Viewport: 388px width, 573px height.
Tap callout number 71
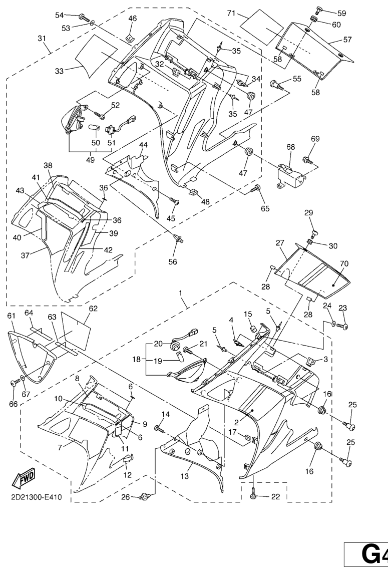231,14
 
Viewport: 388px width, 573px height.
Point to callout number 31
42,39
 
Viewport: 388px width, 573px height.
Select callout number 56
172,261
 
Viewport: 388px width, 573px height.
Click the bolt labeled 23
343,327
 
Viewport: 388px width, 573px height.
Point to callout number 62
93,309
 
